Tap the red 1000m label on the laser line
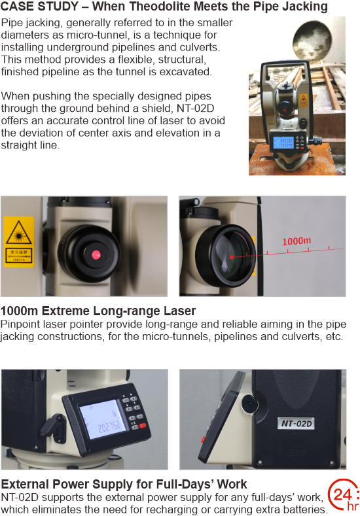[297, 241]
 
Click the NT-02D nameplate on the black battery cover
[296, 423]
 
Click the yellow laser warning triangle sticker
[19, 232]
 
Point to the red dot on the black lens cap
[96, 254]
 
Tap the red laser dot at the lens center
[232, 257]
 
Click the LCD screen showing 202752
[103, 419]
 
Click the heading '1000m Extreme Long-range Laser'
[98, 311]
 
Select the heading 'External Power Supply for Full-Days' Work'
[124, 485]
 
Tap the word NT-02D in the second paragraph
[196, 109]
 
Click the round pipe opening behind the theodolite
[312, 43]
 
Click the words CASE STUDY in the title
[39, 7]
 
